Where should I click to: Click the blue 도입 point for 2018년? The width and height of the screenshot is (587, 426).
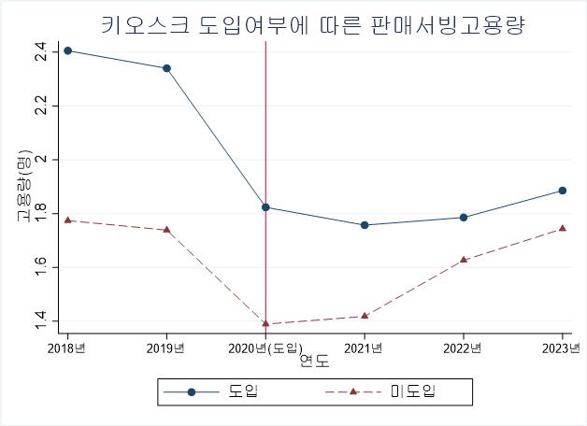(x=67, y=50)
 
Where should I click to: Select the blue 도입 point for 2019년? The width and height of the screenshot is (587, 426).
(x=166, y=68)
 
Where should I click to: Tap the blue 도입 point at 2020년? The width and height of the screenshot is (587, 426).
(x=265, y=207)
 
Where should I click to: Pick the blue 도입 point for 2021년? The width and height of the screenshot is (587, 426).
(x=365, y=225)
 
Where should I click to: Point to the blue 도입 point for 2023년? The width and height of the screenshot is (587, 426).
(x=563, y=191)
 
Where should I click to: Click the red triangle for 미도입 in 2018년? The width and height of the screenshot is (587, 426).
(x=67, y=220)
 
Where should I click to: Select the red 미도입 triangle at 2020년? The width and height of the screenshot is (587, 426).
(x=265, y=323)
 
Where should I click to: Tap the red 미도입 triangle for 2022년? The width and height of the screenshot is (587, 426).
(x=464, y=259)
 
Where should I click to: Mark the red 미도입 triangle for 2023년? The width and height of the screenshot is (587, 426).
(x=563, y=228)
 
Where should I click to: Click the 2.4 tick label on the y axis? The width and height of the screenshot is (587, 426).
(x=40, y=52)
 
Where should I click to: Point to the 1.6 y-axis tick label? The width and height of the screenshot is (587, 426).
(x=40, y=267)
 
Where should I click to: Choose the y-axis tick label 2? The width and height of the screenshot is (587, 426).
(x=40, y=160)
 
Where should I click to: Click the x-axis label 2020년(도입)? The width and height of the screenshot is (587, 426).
(x=266, y=348)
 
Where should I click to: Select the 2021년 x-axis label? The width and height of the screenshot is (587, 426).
(x=365, y=348)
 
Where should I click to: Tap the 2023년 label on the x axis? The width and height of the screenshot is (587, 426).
(x=562, y=348)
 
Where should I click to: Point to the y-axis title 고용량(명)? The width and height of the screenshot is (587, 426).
(x=23, y=187)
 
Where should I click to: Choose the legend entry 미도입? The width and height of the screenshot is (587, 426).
(x=412, y=391)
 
